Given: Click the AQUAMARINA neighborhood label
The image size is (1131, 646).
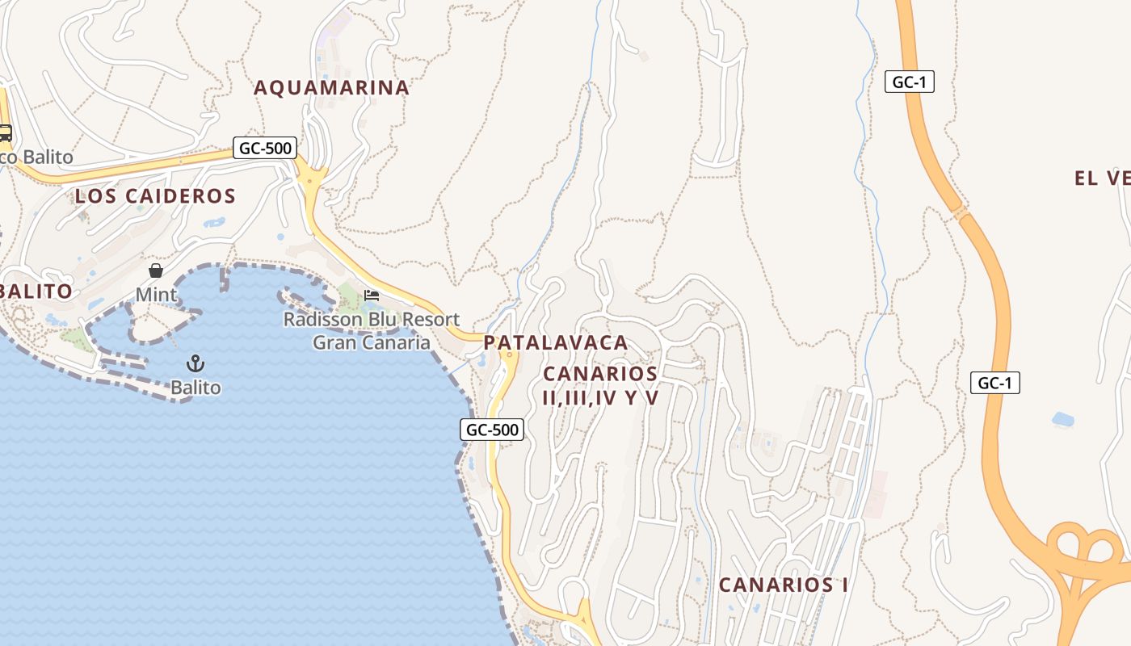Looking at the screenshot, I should [x=332, y=88].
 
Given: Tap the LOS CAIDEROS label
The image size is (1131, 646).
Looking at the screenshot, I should [x=155, y=195].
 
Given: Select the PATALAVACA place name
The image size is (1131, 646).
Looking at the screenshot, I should [x=556, y=342].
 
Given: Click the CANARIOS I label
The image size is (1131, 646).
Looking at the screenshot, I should [x=784, y=585].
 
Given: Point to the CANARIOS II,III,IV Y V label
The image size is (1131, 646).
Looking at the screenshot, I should [x=601, y=385].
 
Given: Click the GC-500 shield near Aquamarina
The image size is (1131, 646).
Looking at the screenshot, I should [x=265, y=148].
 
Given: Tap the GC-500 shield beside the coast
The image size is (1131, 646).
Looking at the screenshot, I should [x=492, y=430].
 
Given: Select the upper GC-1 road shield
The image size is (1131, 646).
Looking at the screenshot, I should [x=910, y=82].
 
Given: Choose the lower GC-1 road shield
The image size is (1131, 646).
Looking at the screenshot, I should [x=994, y=383].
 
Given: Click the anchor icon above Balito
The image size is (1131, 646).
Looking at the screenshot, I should [x=196, y=363].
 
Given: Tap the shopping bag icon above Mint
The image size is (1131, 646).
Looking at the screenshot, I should [x=155, y=271].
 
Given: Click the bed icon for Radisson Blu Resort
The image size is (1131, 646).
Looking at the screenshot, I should [x=372, y=295].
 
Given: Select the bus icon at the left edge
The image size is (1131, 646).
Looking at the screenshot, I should [x=5, y=132].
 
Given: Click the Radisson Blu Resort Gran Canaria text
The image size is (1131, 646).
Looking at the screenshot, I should [x=372, y=331].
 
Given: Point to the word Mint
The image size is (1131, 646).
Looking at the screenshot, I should [x=156, y=295].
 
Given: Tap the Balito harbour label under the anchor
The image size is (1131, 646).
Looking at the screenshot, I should [x=196, y=388].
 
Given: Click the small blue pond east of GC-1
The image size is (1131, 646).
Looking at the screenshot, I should [x=1063, y=419].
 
